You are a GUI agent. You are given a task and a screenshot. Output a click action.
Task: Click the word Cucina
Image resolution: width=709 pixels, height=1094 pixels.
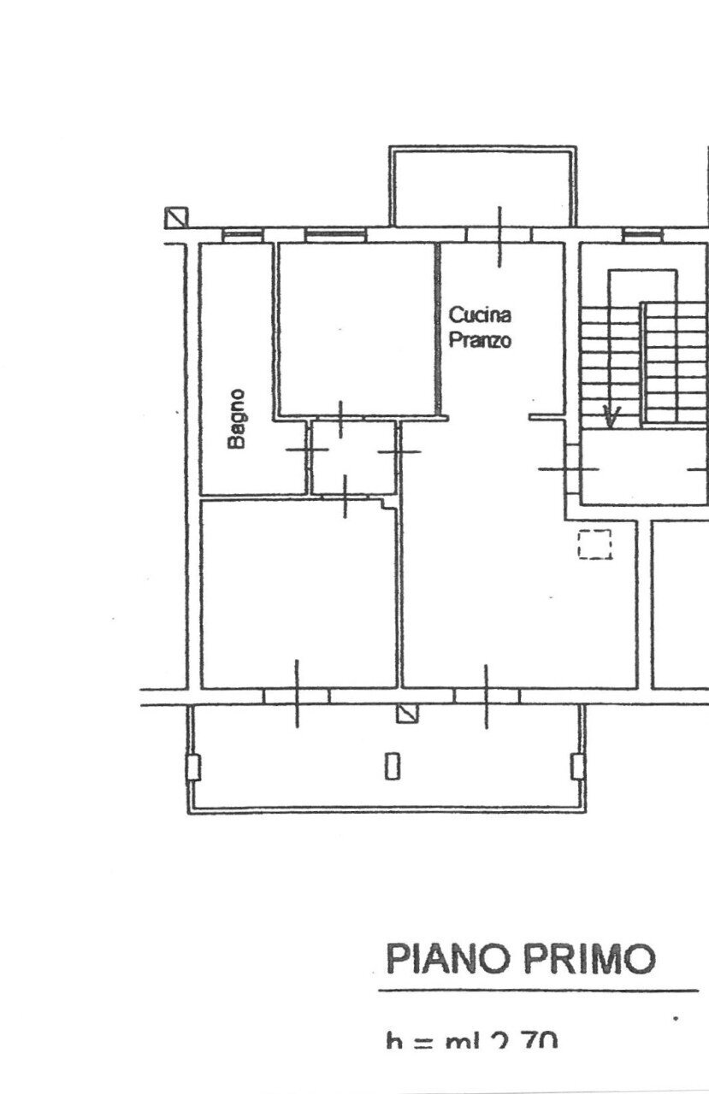481,315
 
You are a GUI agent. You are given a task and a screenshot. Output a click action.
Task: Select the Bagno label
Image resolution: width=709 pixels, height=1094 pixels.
237,419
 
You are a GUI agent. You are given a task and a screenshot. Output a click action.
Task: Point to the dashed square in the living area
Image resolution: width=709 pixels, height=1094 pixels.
595,544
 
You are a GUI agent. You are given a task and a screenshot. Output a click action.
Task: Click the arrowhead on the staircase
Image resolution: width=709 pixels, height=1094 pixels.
612,417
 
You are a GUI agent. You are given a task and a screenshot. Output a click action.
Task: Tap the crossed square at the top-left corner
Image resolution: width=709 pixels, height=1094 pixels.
175,218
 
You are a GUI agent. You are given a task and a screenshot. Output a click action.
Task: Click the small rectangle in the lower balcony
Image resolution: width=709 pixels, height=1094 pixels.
392,764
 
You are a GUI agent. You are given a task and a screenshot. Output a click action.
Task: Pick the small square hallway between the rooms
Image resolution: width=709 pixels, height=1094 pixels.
352,456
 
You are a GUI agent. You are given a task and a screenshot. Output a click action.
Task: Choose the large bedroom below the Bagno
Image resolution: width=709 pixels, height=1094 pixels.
298,594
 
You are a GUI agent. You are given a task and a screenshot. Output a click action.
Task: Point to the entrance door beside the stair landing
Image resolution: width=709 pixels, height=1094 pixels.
567,468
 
